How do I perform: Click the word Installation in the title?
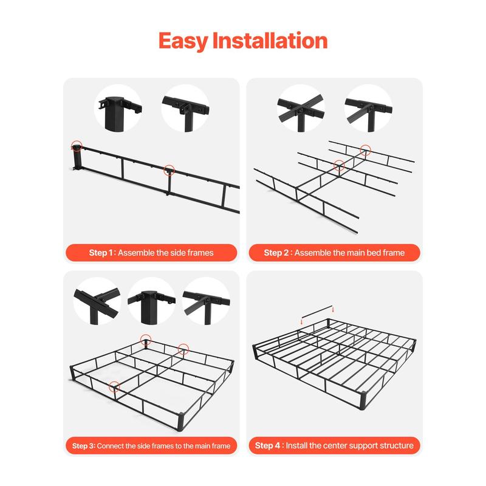click(x=269, y=41)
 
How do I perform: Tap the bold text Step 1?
click(x=101, y=252)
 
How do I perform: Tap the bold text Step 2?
click(x=278, y=252)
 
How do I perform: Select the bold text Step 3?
click(x=83, y=446)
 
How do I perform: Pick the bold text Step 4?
click(x=268, y=445)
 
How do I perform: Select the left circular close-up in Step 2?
click(x=300, y=108)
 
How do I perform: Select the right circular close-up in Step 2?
click(x=368, y=108)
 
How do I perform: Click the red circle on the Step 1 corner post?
click(x=77, y=146)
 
